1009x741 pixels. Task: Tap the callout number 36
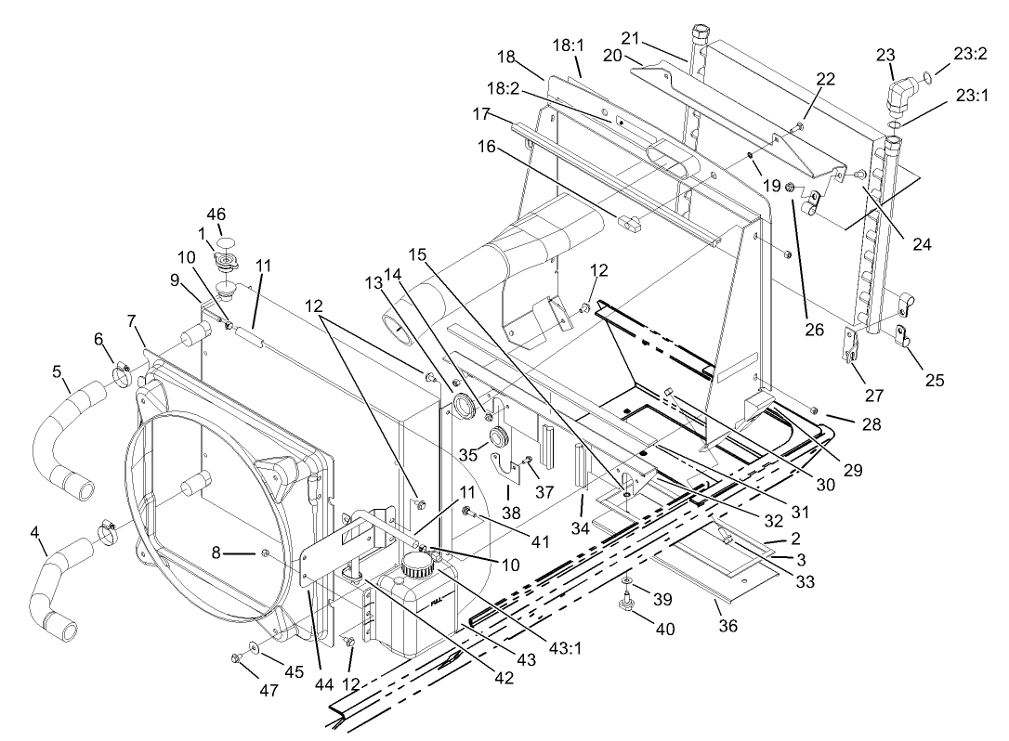point(727,627)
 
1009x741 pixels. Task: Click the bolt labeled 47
point(235,658)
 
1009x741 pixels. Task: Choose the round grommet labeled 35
point(498,436)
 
